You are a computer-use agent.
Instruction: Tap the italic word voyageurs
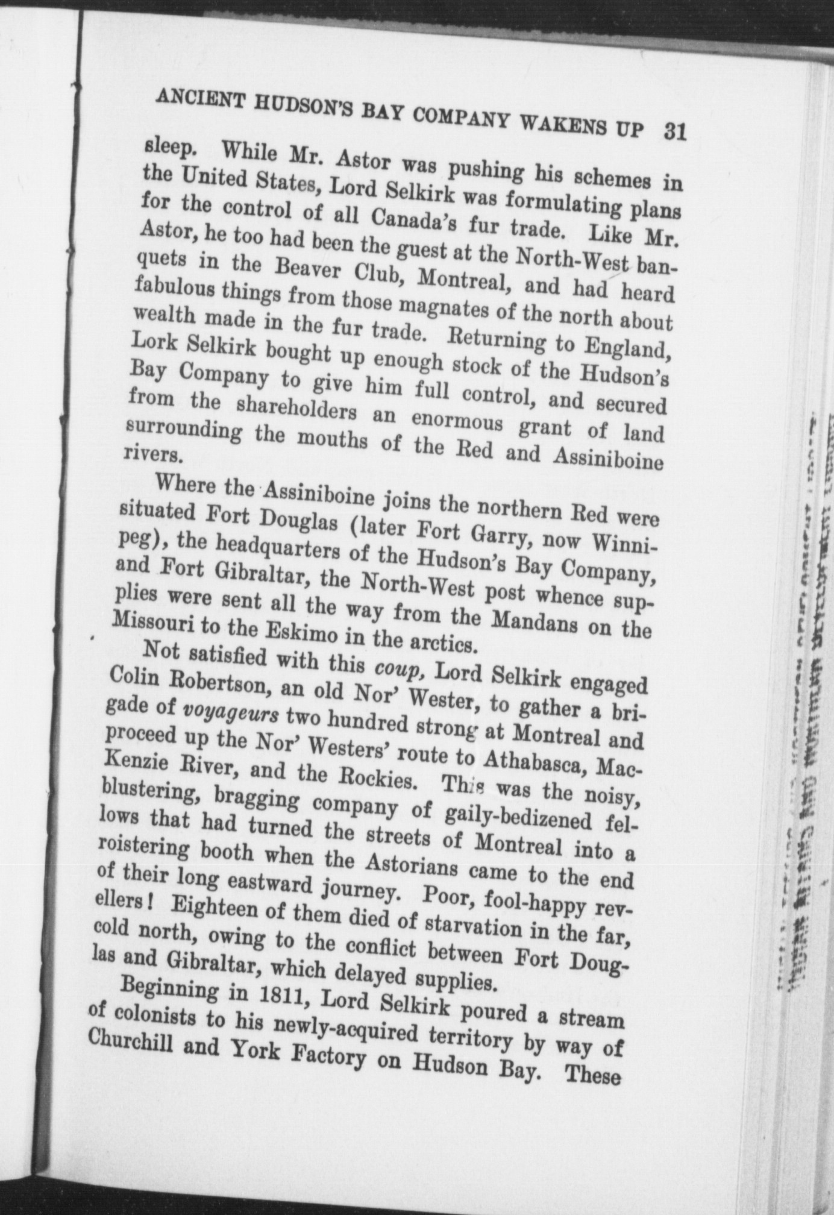[230, 714]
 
